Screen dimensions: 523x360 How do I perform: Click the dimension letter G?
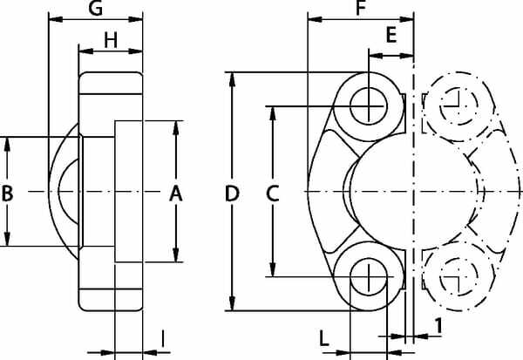click(96, 9)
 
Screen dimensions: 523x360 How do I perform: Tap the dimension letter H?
click(111, 41)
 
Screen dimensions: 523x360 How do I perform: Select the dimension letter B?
click(7, 194)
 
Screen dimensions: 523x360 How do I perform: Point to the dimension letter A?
click(176, 194)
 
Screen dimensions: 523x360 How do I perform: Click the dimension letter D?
click(232, 194)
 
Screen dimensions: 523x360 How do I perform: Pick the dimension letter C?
click(273, 194)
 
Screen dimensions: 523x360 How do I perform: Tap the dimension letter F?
click(361, 9)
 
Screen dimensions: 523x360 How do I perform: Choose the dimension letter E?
click(391, 35)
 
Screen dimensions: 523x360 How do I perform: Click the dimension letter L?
click(324, 338)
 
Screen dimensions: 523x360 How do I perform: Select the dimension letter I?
click(162, 338)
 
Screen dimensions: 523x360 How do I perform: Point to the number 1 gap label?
click(438, 326)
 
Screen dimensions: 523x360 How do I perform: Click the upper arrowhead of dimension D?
click(233, 79)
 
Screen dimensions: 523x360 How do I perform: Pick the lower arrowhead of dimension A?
click(176, 255)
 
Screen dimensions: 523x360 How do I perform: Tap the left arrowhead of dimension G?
click(56, 19)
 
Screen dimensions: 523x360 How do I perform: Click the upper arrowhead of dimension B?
click(7, 144)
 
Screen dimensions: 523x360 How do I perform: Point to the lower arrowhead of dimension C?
click(273, 269)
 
